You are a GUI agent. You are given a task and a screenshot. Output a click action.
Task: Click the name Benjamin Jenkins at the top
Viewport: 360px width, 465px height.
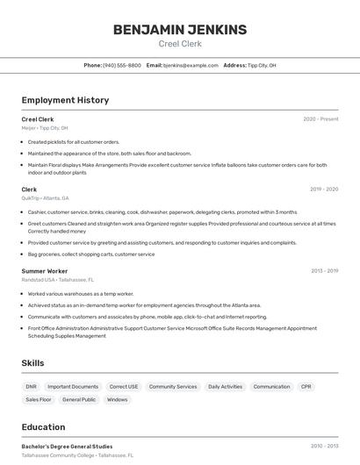180,30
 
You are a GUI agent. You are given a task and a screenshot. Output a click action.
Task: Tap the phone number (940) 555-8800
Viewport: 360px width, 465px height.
122,66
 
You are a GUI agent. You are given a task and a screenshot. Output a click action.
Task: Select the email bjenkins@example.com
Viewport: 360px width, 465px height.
191,66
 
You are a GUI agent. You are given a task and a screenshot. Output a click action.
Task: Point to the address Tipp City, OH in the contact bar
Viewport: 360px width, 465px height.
262,66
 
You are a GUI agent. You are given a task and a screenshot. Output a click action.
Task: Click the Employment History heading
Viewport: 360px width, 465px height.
65,100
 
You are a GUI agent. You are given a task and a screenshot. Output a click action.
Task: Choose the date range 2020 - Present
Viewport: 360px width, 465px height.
320,119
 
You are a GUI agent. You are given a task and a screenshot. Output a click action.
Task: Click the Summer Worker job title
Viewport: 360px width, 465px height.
45,272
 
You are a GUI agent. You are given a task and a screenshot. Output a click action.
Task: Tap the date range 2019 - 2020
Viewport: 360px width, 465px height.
324,190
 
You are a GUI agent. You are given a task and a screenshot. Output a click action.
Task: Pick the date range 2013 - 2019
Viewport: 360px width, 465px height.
324,272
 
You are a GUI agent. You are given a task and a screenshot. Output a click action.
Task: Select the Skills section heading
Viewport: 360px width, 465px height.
33,362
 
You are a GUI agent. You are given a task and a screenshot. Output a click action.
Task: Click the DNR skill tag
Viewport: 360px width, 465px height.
32,387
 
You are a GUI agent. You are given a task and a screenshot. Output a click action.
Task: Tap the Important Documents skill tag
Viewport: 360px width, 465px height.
73,387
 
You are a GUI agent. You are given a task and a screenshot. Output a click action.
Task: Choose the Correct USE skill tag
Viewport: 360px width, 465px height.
124,387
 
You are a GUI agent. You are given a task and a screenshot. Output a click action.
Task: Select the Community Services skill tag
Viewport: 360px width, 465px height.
173,387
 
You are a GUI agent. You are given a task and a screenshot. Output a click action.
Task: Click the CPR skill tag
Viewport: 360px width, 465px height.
306,387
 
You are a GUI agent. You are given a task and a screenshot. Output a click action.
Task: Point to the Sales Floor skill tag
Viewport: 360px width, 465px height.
39,400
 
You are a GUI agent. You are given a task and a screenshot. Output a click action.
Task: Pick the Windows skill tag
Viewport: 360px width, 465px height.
117,400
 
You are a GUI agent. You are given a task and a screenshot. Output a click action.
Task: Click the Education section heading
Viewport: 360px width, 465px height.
43,427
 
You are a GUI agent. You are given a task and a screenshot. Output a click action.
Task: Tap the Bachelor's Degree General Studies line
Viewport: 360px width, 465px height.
67,447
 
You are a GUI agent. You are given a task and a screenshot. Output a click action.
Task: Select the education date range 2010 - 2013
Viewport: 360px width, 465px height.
324,447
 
